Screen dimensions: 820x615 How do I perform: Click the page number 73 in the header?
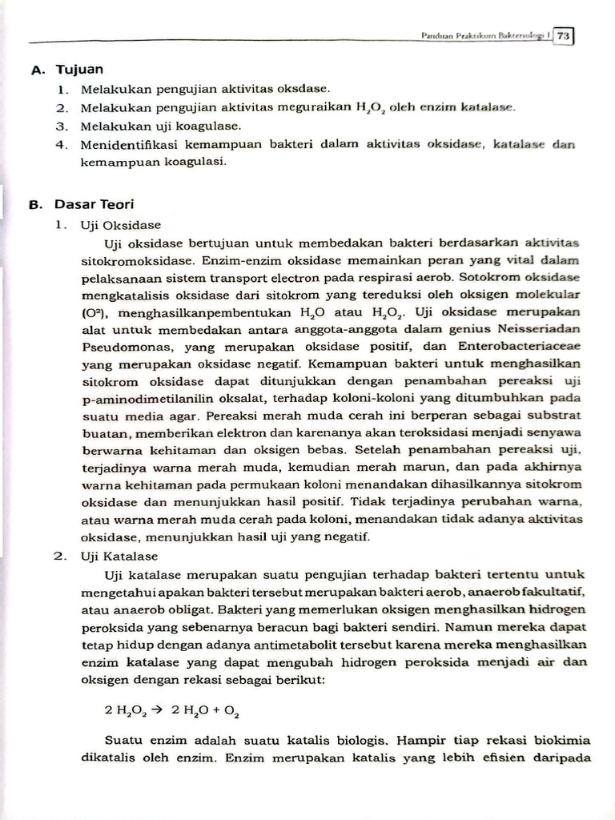click(x=564, y=36)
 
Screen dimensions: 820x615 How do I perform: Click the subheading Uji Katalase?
click(x=119, y=556)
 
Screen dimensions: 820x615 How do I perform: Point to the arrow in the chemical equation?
click(x=158, y=709)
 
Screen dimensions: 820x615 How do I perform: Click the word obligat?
click(x=187, y=609)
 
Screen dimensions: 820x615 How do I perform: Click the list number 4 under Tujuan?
click(x=61, y=144)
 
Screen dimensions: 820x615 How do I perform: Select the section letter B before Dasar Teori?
click(x=34, y=204)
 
